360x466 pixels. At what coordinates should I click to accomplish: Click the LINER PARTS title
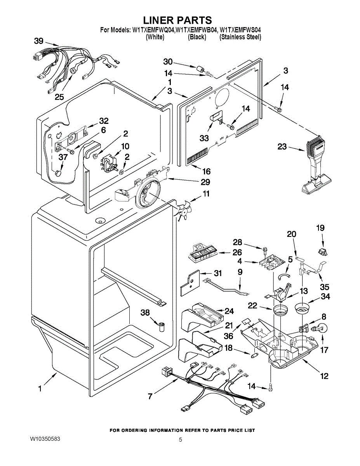tap(177, 20)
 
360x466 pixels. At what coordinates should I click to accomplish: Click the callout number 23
tap(283, 147)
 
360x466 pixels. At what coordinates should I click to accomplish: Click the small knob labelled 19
tap(322, 252)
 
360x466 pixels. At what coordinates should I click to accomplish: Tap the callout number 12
tap(324, 376)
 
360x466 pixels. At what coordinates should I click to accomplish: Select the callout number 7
tap(150, 396)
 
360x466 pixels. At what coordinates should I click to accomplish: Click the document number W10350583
tap(45, 439)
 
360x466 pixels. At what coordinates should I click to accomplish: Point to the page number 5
tap(181, 440)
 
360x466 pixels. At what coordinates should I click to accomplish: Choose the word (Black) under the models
tap(197, 37)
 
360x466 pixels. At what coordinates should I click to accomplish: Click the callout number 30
tap(168, 62)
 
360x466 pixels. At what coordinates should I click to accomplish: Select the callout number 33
tap(204, 138)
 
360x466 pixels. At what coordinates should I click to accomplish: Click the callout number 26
tap(237, 253)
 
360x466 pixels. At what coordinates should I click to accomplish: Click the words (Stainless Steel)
tap(240, 37)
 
